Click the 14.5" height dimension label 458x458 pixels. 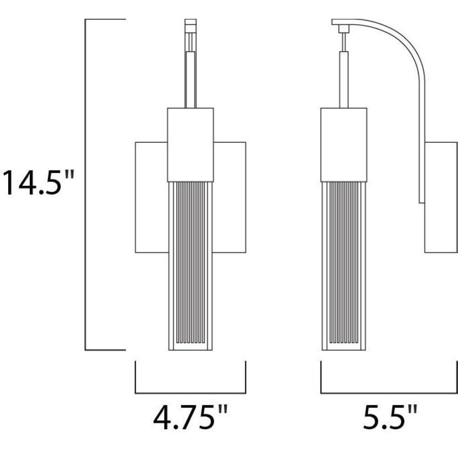[38, 183]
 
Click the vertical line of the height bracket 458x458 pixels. [85, 185]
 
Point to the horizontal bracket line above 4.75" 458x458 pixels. [191, 393]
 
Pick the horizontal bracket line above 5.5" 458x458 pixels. [389, 393]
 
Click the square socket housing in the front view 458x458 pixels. [191, 145]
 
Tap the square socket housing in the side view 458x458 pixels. [344, 145]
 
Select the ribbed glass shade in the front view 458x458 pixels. [191, 266]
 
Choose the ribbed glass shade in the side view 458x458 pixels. [344, 266]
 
